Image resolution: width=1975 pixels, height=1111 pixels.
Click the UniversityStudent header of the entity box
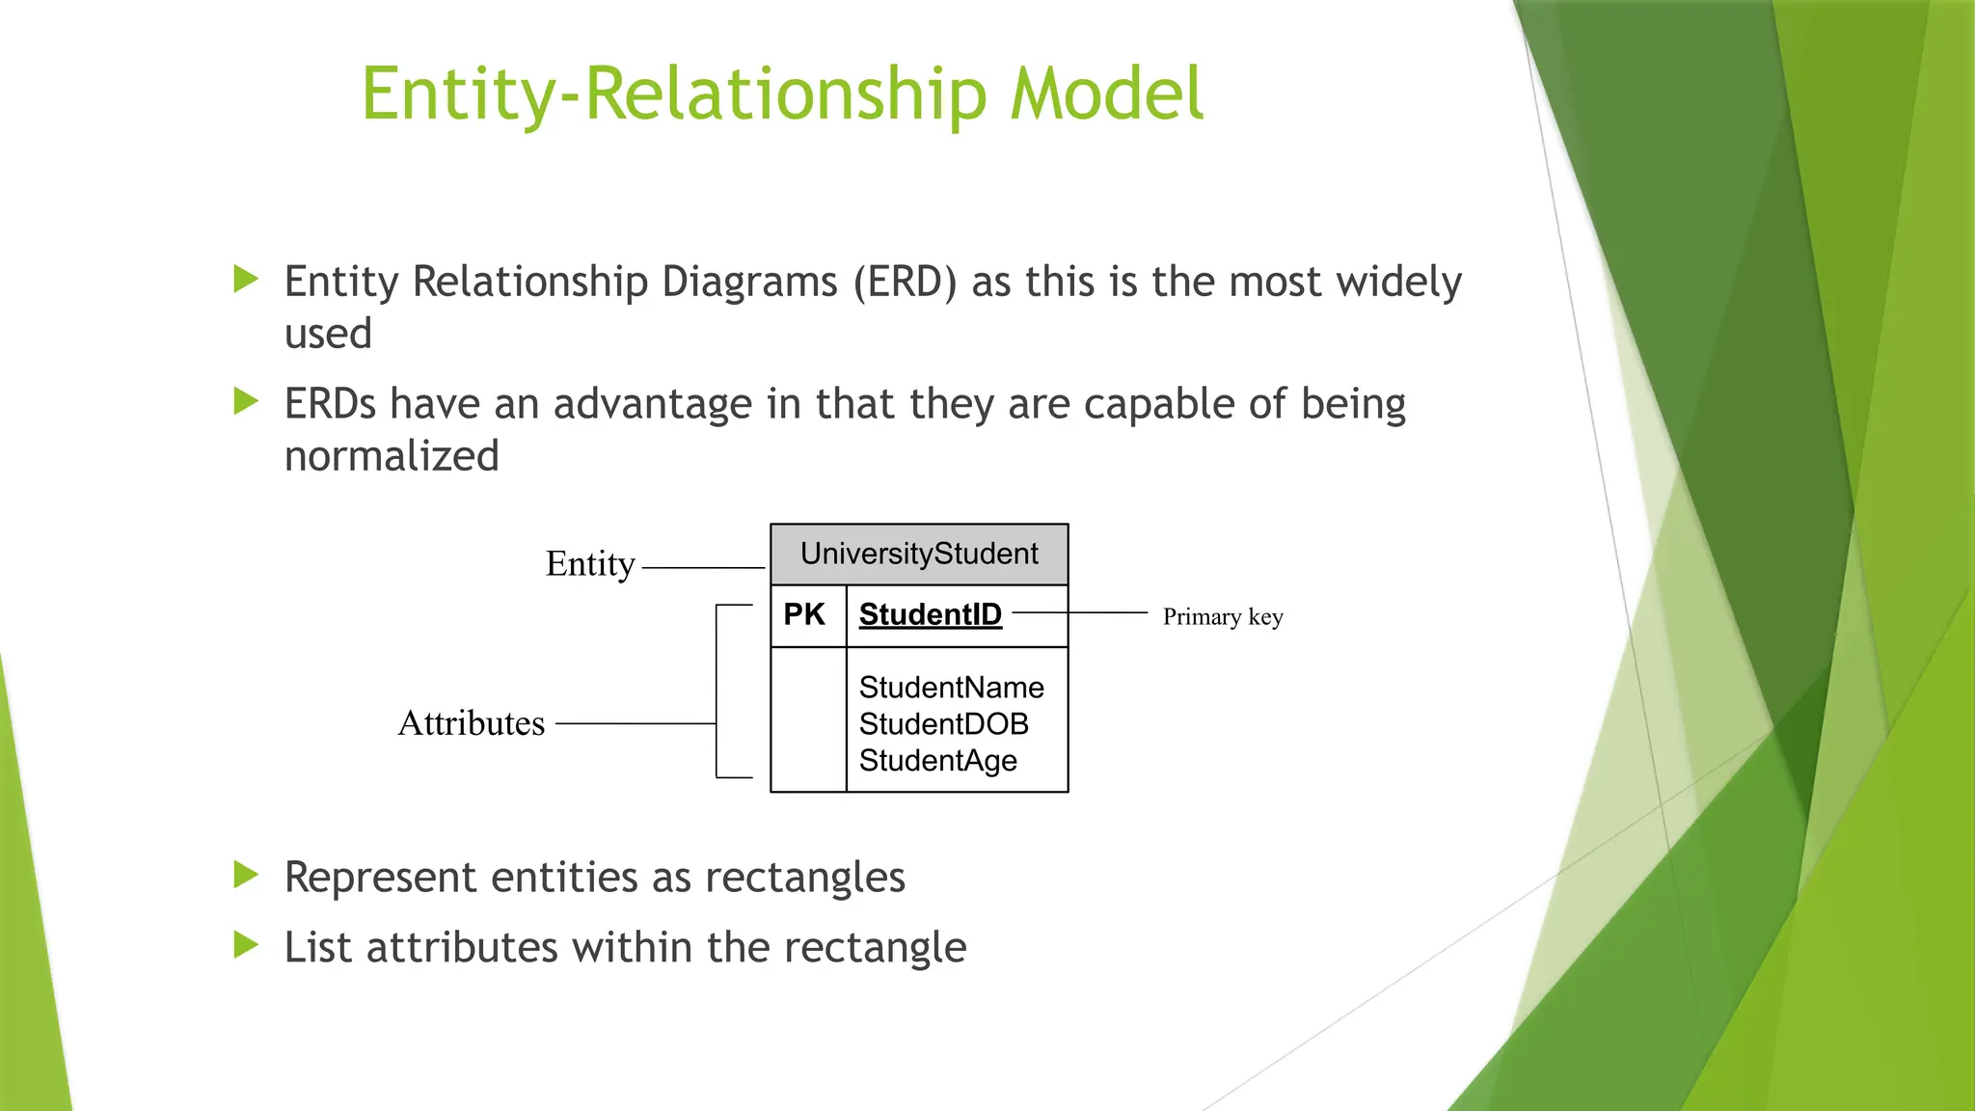919,555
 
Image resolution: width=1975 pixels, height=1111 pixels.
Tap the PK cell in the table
804,614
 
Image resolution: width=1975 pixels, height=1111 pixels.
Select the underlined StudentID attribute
930,614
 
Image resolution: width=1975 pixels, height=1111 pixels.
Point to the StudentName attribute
951,688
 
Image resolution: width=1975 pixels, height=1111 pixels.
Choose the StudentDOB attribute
943,724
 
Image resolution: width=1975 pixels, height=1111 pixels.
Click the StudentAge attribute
937,761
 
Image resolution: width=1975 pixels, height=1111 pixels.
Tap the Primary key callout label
1222,617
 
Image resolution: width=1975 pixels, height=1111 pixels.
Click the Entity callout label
590,564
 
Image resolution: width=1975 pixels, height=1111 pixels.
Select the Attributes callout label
471,723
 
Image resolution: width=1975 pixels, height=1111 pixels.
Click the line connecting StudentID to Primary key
1080,612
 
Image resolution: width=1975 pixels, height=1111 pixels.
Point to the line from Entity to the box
702,568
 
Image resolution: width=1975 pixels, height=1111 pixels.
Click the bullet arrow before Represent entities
247,876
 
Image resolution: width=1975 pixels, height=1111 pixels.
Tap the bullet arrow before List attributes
247,946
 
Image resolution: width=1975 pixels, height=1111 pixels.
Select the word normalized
392,456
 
